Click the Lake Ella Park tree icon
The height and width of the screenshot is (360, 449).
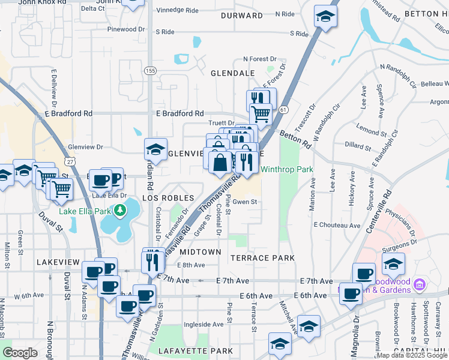point(121,210)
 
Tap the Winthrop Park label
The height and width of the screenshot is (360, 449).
point(286,170)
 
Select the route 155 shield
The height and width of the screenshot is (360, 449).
point(150,71)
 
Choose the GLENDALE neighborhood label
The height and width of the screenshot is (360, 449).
point(232,73)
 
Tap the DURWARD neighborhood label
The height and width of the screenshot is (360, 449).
point(242,15)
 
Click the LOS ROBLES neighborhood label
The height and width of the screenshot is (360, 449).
point(167,198)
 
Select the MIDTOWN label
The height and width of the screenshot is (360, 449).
point(200,252)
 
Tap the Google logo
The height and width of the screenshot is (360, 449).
point(20,353)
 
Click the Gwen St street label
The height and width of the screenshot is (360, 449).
point(245,202)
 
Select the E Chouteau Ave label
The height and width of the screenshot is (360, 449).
point(337,225)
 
